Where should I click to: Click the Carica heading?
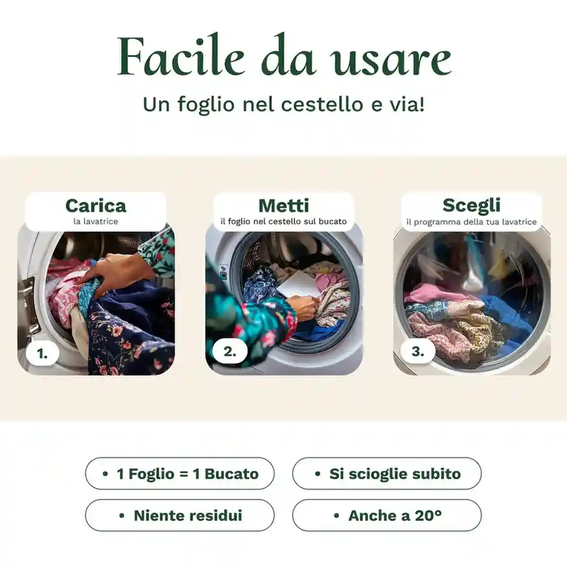point(95,206)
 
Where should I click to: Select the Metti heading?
point(283,206)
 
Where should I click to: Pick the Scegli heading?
point(472,205)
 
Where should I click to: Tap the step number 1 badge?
point(42,353)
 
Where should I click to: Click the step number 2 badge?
point(230,352)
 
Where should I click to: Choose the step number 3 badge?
point(418,352)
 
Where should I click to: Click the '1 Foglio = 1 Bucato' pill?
point(180,474)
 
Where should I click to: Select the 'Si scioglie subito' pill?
point(387,474)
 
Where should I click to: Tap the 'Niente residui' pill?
point(180,515)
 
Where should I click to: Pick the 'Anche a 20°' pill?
point(387,515)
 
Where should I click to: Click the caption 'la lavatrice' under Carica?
point(95,221)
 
